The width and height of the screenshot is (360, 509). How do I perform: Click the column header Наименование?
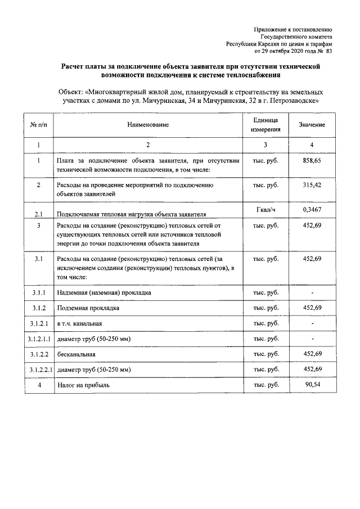click(147, 124)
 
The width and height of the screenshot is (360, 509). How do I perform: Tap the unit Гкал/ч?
click(265, 209)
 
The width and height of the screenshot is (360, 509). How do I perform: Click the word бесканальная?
click(76, 354)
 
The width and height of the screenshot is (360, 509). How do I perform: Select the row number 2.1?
click(38, 214)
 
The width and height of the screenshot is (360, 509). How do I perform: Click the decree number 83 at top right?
click(329, 51)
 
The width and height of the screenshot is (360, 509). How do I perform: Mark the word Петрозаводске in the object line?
click(294, 101)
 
